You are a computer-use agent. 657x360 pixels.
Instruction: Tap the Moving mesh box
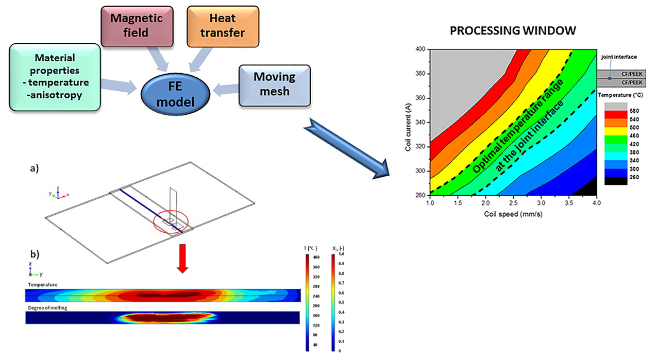pyautogui.click(x=274, y=84)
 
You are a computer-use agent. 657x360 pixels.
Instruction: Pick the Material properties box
pyautogui.click(x=54, y=77)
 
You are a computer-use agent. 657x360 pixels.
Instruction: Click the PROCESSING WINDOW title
pyautogui.click(x=512, y=31)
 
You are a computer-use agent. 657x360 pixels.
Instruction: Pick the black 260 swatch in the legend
pyautogui.click(x=615, y=180)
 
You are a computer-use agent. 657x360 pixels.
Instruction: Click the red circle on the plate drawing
pyautogui.click(x=171, y=222)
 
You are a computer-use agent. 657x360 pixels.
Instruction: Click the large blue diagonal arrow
pyautogui.click(x=348, y=149)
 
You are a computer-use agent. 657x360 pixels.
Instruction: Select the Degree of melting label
pyautogui.click(x=48, y=308)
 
